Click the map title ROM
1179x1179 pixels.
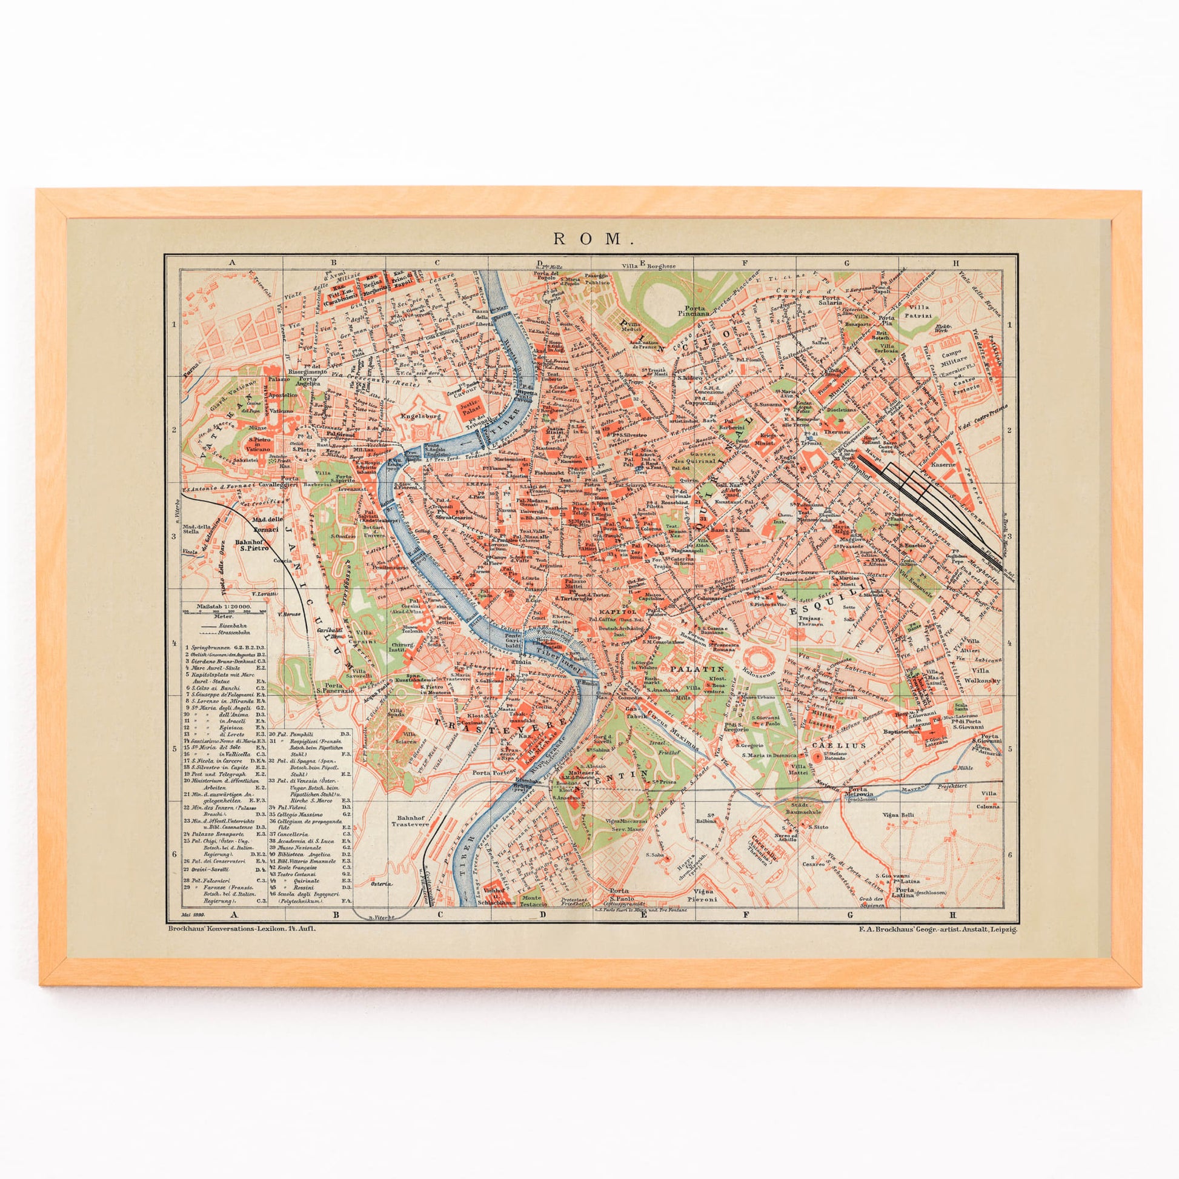589,239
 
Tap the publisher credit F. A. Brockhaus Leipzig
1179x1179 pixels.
930,929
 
